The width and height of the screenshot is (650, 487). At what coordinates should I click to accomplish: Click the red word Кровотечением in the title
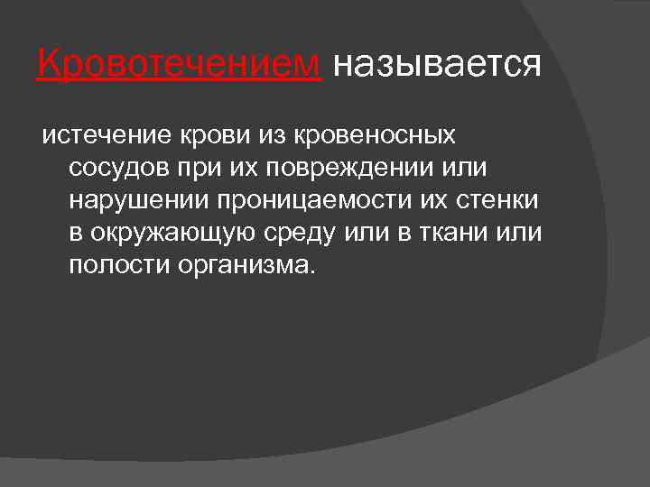(x=179, y=64)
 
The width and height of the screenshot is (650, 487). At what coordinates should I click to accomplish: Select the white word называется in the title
(x=437, y=64)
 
